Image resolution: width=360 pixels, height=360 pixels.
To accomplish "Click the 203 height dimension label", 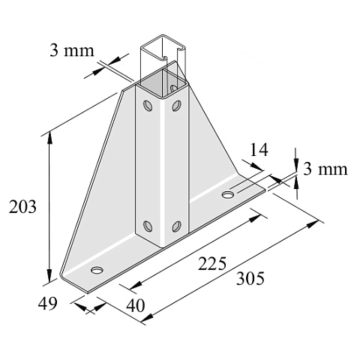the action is [x=22, y=207].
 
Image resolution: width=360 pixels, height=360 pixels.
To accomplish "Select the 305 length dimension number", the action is [x=250, y=278].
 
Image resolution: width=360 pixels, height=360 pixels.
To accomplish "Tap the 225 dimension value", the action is [x=212, y=263].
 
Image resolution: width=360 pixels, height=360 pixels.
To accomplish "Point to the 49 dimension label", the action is [x=47, y=304].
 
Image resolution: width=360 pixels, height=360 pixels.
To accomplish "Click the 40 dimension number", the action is [x=136, y=305].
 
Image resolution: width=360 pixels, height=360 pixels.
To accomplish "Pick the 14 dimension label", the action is [x=259, y=150].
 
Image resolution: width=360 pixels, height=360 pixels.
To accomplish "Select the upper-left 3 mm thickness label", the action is [x=72, y=50].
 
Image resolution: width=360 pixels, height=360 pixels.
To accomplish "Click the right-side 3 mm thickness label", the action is [x=325, y=169].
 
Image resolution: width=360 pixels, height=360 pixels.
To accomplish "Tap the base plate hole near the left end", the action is [x=97, y=270].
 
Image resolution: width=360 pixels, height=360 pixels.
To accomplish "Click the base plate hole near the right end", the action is [x=227, y=194].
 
